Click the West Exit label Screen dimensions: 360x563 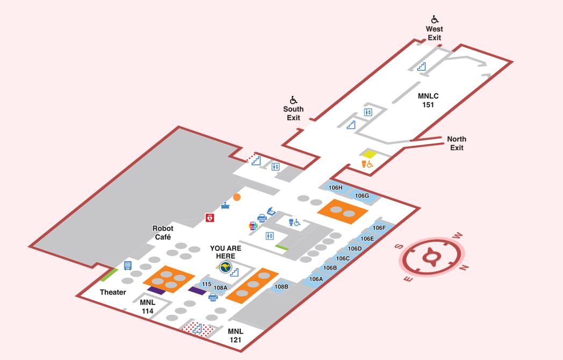[434, 33]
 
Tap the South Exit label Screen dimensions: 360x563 [293, 113]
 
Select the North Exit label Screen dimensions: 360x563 [457, 143]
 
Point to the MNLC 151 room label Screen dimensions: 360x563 [428, 100]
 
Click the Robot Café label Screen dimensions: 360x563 [163, 233]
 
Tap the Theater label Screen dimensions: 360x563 [113, 292]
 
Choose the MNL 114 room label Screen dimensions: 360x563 [148, 307]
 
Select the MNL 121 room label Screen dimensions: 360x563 [235, 335]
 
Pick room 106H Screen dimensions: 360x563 [335, 188]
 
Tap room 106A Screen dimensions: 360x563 [316, 279]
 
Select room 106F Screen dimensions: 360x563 [379, 228]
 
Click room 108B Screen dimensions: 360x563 [281, 286]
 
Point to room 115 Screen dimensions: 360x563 [206, 284]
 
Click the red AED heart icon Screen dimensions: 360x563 [210, 218]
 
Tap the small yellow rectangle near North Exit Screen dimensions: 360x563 [369, 154]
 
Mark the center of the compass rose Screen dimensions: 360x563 [431, 257]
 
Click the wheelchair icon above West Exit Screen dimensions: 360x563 [434, 19]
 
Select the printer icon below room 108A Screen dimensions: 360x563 [213, 297]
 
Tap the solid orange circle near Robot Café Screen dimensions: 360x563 [237, 197]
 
